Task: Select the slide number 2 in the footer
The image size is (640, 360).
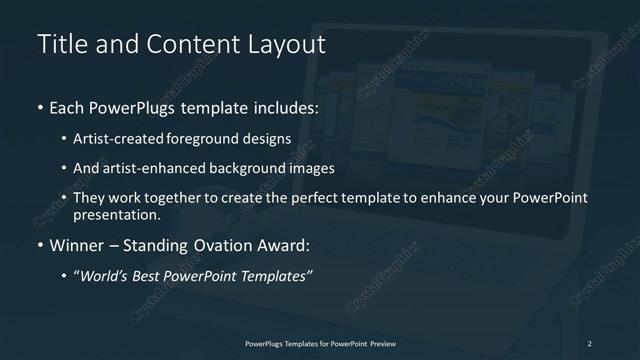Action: coord(589,344)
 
